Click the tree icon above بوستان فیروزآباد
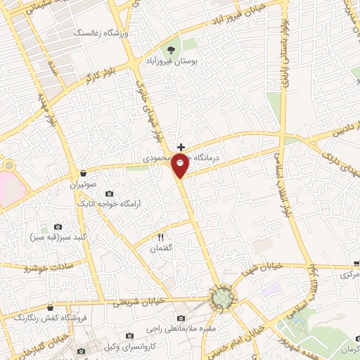(x=171, y=50)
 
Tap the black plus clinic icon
(x=181, y=147)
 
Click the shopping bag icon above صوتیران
(x=84, y=172)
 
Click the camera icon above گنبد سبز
(x=58, y=227)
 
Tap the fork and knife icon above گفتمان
(x=161, y=237)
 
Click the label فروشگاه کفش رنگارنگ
(x=49, y=317)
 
